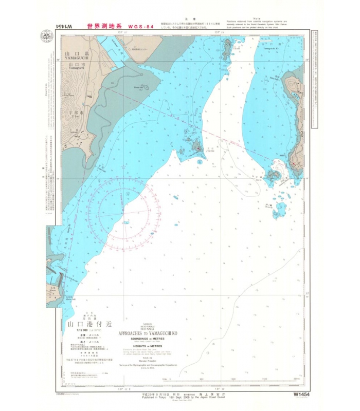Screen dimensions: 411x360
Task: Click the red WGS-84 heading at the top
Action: [x=139, y=26]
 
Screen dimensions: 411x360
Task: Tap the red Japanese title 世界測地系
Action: [x=104, y=26]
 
